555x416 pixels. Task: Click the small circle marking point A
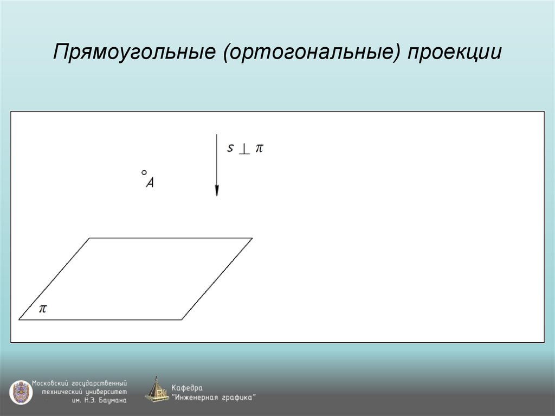(144, 172)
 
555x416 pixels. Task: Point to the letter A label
(151, 183)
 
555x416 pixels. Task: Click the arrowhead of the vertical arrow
(216, 190)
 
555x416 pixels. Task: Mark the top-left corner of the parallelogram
(89, 238)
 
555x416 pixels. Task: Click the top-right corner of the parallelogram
(252, 238)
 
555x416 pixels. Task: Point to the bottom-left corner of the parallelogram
(20, 319)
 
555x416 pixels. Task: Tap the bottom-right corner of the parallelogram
(182, 319)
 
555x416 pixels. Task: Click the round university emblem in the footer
(20, 392)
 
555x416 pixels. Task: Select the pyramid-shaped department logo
(157, 389)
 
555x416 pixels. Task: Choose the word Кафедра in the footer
(187, 388)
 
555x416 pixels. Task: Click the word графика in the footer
(237, 398)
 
